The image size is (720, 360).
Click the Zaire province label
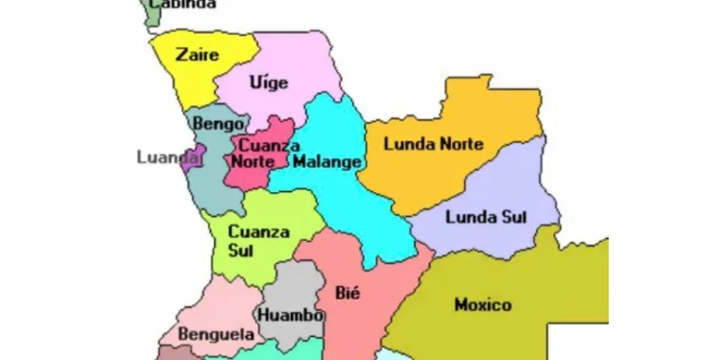198,55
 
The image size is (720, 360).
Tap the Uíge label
268,83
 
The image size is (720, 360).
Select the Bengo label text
212,123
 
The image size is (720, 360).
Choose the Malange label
327,160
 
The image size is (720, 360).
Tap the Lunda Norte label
433,144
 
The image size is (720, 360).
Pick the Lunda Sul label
487,216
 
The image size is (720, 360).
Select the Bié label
347,293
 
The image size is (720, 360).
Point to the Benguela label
214,335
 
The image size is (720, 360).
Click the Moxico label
483,304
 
